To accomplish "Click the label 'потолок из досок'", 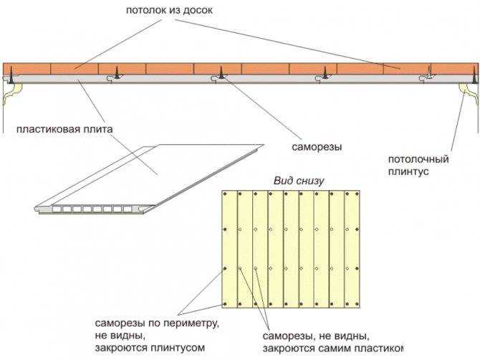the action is (x=169, y=11).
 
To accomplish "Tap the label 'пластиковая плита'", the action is (x=64, y=129).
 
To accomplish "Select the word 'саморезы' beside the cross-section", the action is (x=317, y=147).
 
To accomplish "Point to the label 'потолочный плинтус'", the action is (x=418, y=166).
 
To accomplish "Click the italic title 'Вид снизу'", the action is (x=299, y=181).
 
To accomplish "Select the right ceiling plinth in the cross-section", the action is (x=469, y=93).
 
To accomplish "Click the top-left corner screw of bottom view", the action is (x=225, y=194).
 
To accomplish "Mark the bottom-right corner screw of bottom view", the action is (x=356, y=304).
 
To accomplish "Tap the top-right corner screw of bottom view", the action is (x=356, y=194).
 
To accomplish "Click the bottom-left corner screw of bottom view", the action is (x=225, y=304).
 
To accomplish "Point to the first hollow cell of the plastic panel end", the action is (x=57, y=209).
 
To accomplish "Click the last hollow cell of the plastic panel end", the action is (x=128, y=209).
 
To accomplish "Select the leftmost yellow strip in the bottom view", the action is (x=229, y=249).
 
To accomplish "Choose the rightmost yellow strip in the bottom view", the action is (x=352, y=249).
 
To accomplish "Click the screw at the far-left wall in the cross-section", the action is (x=11, y=77).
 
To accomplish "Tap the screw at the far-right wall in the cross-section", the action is (x=474, y=76).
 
